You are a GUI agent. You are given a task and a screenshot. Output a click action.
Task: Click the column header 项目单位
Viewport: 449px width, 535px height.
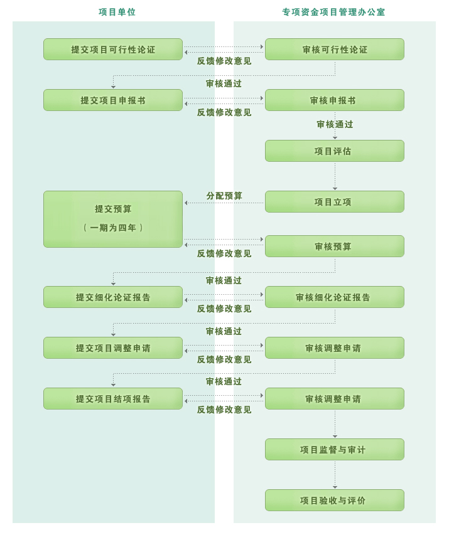tap(117, 13)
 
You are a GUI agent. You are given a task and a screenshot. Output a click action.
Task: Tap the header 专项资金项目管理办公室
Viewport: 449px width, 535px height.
tap(333, 13)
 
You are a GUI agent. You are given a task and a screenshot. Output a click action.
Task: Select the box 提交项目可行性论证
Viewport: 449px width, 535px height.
tap(113, 50)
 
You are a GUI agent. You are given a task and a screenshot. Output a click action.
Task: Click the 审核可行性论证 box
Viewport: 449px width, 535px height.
tap(335, 50)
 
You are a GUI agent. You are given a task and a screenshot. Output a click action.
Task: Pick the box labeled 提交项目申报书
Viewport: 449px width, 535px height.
tap(113, 100)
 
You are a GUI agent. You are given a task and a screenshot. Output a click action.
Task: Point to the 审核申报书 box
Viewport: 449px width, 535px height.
tap(335, 100)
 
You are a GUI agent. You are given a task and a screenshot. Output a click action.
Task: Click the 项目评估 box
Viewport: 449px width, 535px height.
tap(335, 151)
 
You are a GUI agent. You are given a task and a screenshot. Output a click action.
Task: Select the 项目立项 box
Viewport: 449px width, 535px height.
tap(335, 202)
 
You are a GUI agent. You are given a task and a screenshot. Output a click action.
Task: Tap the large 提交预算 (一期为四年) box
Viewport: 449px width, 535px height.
tap(113, 220)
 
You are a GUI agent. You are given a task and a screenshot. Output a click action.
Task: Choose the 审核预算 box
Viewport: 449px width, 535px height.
tap(335, 246)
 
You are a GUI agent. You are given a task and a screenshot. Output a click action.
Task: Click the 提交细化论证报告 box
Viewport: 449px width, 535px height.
tap(113, 297)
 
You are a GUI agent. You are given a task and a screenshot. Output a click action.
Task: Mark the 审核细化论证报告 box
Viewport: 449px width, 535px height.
tap(335, 297)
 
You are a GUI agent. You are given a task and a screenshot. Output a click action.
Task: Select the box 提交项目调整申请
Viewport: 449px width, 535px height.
tap(113, 348)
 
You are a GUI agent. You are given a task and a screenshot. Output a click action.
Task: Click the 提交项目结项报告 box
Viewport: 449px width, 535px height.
tap(113, 399)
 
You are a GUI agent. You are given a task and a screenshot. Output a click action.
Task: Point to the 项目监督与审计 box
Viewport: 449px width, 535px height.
tap(335, 450)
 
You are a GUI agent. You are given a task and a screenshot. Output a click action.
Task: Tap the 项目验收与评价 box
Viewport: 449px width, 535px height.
tap(335, 501)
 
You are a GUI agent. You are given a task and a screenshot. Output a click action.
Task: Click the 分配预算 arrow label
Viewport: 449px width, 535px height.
tap(224, 196)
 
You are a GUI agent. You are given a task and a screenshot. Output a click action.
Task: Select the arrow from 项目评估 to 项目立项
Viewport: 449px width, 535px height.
tap(335, 176)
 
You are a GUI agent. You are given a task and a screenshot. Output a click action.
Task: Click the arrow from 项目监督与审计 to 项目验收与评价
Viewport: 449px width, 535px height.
tap(335, 475)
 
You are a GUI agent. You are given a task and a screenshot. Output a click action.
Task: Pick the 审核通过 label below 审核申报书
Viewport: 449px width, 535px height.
tap(335, 125)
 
